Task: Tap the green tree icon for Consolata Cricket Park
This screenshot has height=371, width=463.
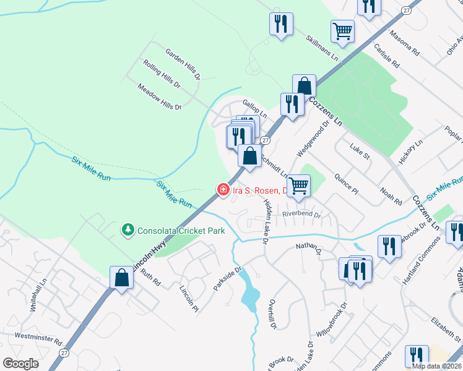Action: pyautogui.click(x=128, y=231)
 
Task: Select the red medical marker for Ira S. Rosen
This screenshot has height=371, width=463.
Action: pyautogui.click(x=222, y=189)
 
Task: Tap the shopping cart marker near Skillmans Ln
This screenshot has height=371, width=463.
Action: pyautogui.click(x=342, y=30)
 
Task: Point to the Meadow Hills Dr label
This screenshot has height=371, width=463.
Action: pyautogui.click(x=160, y=98)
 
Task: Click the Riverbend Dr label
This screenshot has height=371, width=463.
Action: pyautogui.click(x=301, y=215)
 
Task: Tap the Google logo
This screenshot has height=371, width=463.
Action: pyautogui.click(x=21, y=363)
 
